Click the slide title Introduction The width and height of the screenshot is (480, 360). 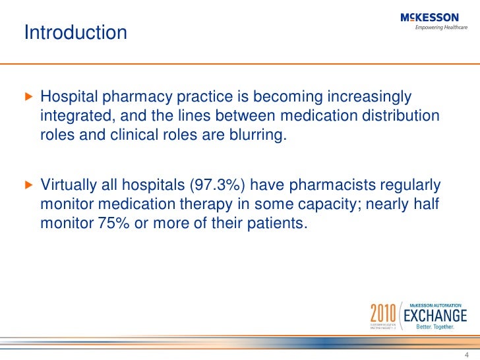point(76,32)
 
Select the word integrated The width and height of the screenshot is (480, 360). point(73,117)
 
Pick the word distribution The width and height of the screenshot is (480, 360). point(402,117)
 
